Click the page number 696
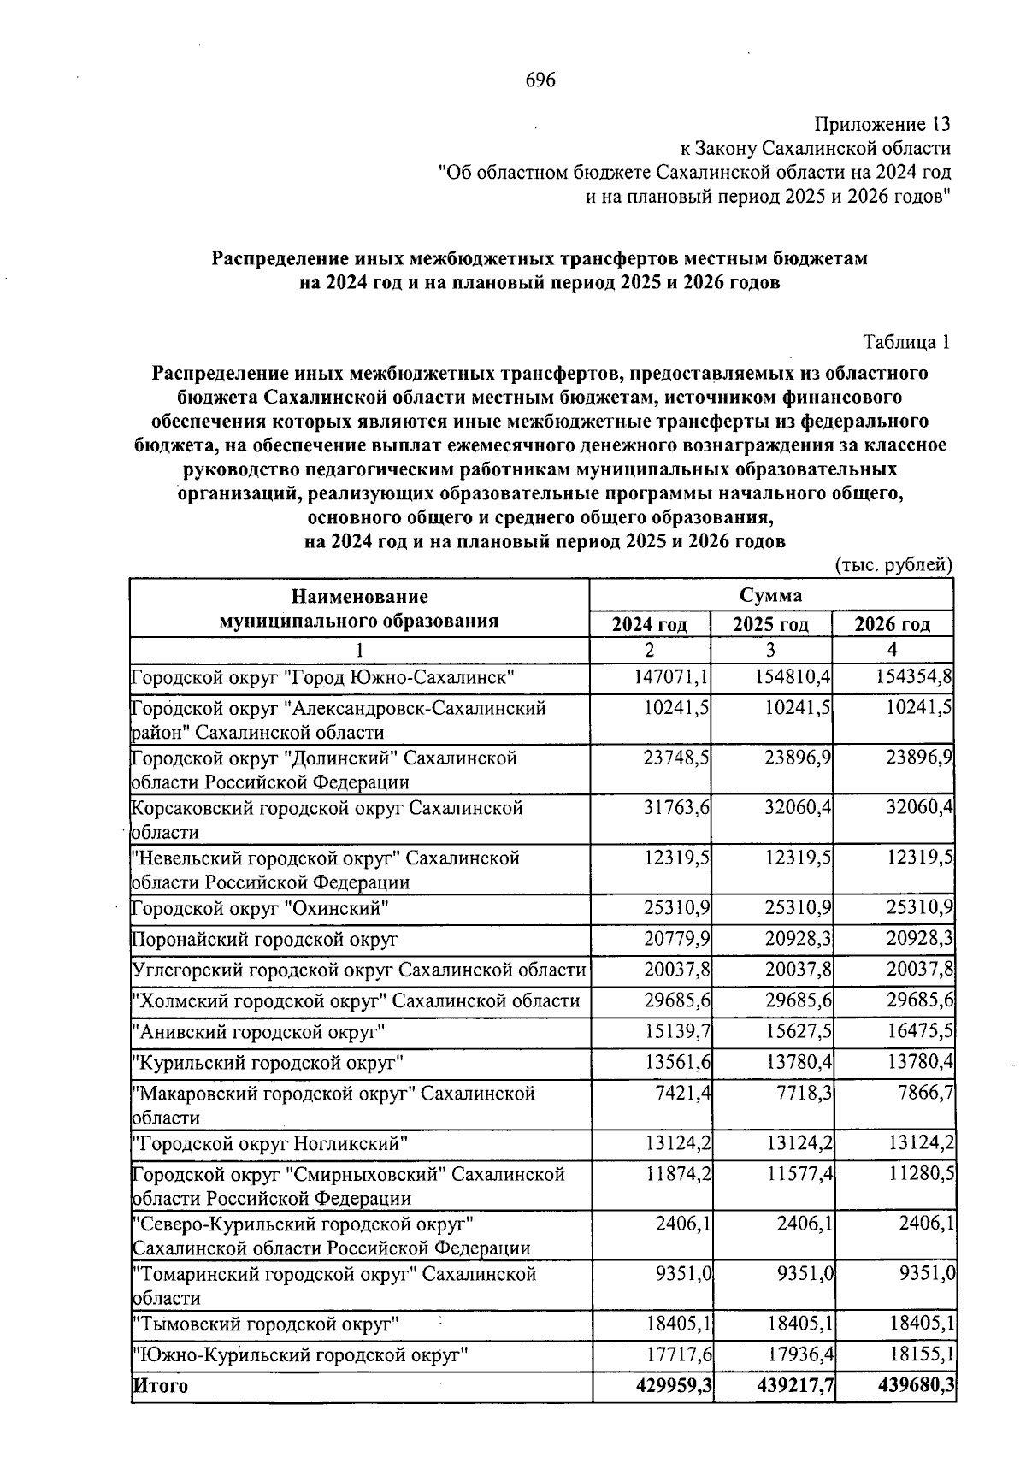click(x=540, y=80)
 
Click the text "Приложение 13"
click(x=882, y=125)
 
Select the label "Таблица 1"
click(x=907, y=343)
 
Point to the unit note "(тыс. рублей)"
click(x=893, y=565)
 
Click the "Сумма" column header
click(x=770, y=595)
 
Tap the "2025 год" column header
click(x=770, y=624)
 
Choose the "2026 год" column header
click(x=893, y=624)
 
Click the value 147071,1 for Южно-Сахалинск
click(x=672, y=678)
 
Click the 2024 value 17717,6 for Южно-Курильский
click(x=678, y=1355)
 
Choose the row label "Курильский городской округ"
click(x=267, y=1063)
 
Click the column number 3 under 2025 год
click(x=770, y=650)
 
